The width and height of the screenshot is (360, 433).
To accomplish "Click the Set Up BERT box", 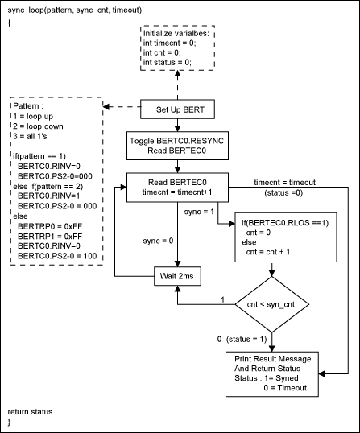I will click(x=176, y=109).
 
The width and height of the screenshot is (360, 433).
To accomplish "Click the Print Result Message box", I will click(x=272, y=371).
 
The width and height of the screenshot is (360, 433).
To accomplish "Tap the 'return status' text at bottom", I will click(x=30, y=411).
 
